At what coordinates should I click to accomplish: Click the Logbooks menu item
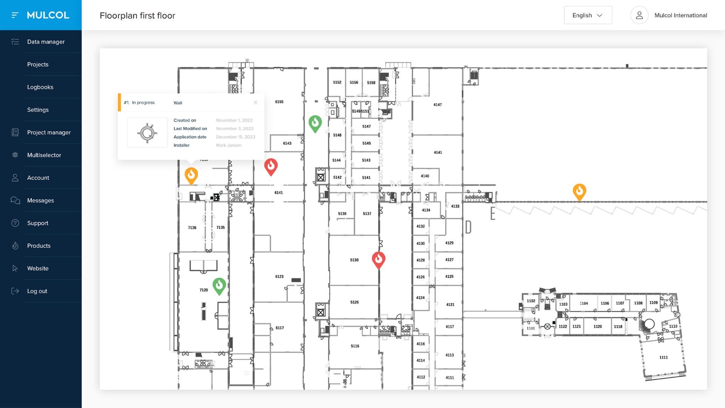tap(40, 87)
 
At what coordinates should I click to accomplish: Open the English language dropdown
tap(588, 15)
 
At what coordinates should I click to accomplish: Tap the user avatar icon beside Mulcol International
tap(639, 15)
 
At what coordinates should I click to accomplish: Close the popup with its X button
tap(256, 102)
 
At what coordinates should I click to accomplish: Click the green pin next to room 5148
tap(315, 123)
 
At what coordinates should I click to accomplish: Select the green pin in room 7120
tap(219, 285)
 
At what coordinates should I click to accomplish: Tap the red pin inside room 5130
tap(378, 259)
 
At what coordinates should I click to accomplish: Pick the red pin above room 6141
tap(271, 166)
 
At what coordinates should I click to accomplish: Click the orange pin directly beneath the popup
tap(191, 175)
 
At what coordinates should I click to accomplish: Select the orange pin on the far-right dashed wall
tap(579, 191)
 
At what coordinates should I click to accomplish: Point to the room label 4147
tap(438, 105)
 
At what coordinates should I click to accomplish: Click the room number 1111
tap(663, 357)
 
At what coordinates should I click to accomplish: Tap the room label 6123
tap(279, 277)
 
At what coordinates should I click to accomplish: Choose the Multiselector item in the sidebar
tap(44, 155)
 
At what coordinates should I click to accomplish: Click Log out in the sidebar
tap(37, 291)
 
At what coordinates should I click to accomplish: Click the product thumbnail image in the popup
tap(147, 133)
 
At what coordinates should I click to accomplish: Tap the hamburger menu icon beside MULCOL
tap(15, 15)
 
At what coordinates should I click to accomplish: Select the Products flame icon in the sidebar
tap(15, 246)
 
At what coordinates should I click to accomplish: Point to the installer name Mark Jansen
tap(228, 145)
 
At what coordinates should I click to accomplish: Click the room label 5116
tap(355, 346)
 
